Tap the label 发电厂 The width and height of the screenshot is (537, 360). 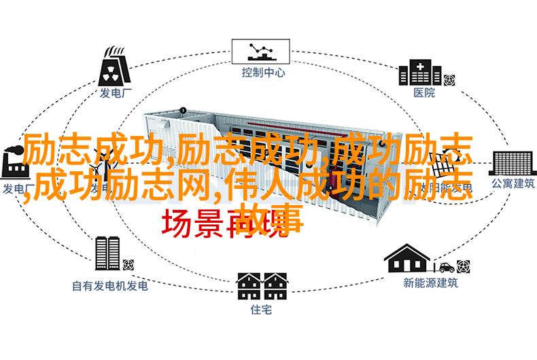(113, 93)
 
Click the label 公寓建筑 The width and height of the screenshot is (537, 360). (505, 183)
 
